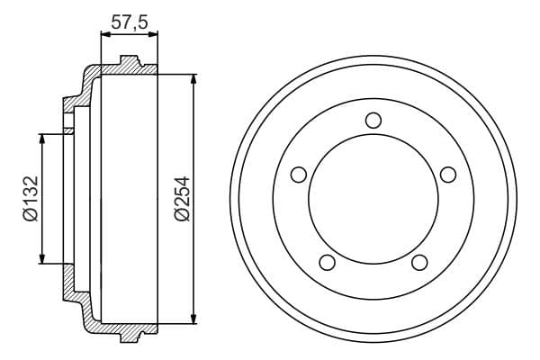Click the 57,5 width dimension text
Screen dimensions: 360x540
coord(129,19)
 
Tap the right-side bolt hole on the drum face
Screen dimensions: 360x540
coord(448,175)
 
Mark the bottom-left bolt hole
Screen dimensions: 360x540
coord(328,262)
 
